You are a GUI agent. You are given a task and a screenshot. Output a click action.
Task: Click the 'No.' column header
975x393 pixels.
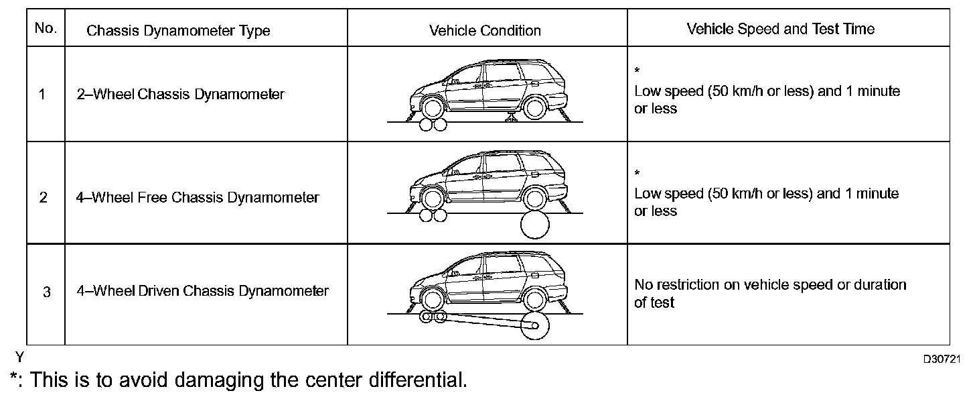click(x=46, y=29)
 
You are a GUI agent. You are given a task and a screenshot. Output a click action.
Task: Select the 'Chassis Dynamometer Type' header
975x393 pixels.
click(x=178, y=31)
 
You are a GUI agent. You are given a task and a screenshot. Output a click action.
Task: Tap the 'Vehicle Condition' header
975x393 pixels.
click(x=485, y=31)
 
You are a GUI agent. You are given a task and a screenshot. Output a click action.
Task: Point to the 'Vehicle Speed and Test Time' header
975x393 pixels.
click(x=780, y=29)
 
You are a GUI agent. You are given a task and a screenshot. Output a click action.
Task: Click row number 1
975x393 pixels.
click(x=43, y=95)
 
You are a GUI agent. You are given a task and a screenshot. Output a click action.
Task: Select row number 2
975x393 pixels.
click(x=43, y=198)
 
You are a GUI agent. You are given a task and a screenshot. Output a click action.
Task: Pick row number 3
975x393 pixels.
click(x=46, y=293)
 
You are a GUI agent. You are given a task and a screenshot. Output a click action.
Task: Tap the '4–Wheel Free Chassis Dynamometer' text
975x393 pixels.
click(x=198, y=198)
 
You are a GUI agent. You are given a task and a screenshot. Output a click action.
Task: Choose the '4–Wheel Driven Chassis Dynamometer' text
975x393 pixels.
click(x=203, y=291)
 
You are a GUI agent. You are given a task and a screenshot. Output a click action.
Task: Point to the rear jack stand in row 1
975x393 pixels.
click(x=511, y=119)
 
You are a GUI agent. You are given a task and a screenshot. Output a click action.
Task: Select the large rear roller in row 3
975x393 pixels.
click(x=536, y=326)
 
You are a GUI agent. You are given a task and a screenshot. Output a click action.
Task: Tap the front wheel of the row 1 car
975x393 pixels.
click(x=433, y=107)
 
